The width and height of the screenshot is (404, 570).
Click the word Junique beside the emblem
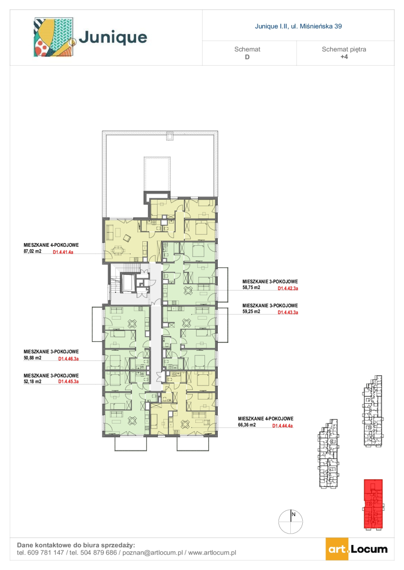click(x=113, y=38)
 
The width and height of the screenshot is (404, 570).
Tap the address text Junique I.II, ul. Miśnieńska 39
click(x=298, y=26)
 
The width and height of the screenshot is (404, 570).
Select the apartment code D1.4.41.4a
click(x=63, y=253)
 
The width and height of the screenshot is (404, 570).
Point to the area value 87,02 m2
click(x=32, y=251)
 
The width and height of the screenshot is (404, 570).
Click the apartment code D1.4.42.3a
click(x=288, y=289)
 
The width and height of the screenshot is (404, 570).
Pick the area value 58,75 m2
click(x=251, y=288)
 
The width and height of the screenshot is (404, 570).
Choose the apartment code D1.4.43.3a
click(x=288, y=312)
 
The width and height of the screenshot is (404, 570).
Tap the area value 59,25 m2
click(x=251, y=311)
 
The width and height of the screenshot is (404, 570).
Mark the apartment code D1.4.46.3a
click(x=68, y=359)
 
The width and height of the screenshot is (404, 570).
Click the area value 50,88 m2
click(x=32, y=358)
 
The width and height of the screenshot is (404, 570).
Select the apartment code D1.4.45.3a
click(x=68, y=382)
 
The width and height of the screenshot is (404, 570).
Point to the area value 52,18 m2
click(x=32, y=381)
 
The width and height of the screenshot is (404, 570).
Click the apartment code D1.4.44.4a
click(x=283, y=426)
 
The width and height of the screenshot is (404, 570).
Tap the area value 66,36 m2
click(x=247, y=425)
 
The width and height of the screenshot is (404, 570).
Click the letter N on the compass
click(x=294, y=514)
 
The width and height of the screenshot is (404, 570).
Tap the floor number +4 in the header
click(x=344, y=57)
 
